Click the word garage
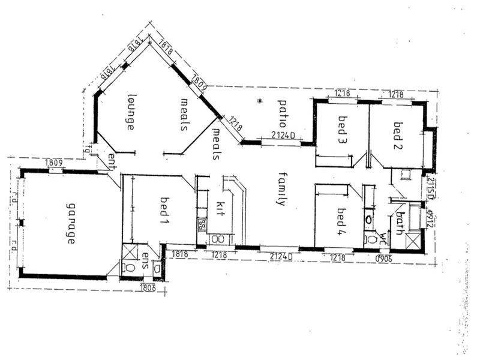[x=70, y=223]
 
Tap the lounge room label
[x=130, y=112]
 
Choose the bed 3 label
[x=343, y=129]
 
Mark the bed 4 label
[x=341, y=220]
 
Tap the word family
[x=280, y=188]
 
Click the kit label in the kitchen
[x=219, y=208]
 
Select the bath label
[x=397, y=224]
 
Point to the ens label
[x=146, y=260]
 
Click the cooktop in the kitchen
[x=202, y=226]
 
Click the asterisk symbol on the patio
[x=259, y=101]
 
